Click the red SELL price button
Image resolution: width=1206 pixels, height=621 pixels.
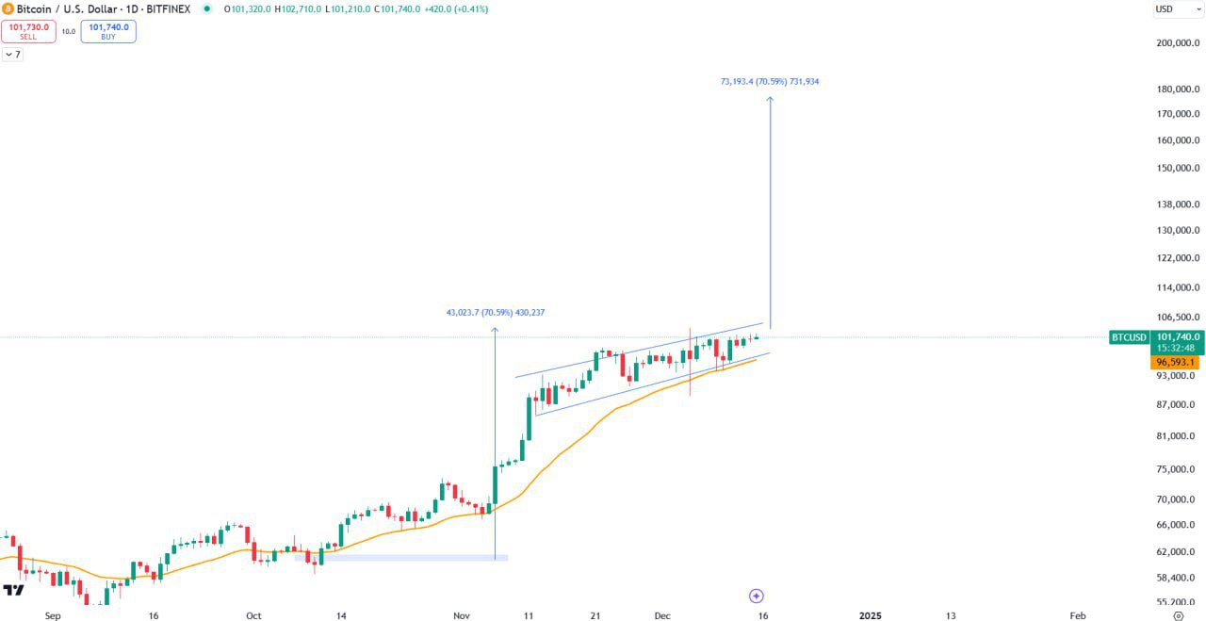point(28,31)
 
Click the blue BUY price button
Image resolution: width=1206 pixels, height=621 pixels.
point(108,31)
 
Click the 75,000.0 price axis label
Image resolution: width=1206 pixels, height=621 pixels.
point(1177,469)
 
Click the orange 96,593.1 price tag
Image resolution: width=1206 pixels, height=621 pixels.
point(1176,362)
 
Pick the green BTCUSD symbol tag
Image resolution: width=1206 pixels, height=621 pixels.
point(1129,337)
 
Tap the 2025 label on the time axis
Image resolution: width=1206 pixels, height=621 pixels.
point(871,615)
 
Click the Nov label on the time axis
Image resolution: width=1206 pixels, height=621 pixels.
point(461,615)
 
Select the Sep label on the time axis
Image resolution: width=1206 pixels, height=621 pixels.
point(53,615)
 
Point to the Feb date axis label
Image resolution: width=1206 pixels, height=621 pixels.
point(1078,615)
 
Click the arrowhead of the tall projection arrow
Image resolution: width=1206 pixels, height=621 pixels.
point(770,99)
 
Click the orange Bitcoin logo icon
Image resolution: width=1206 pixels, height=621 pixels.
point(8,8)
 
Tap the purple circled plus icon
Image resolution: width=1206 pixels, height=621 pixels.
point(756,596)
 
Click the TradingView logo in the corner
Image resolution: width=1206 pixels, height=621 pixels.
point(13,590)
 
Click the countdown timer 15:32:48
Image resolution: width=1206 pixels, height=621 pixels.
point(1176,348)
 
